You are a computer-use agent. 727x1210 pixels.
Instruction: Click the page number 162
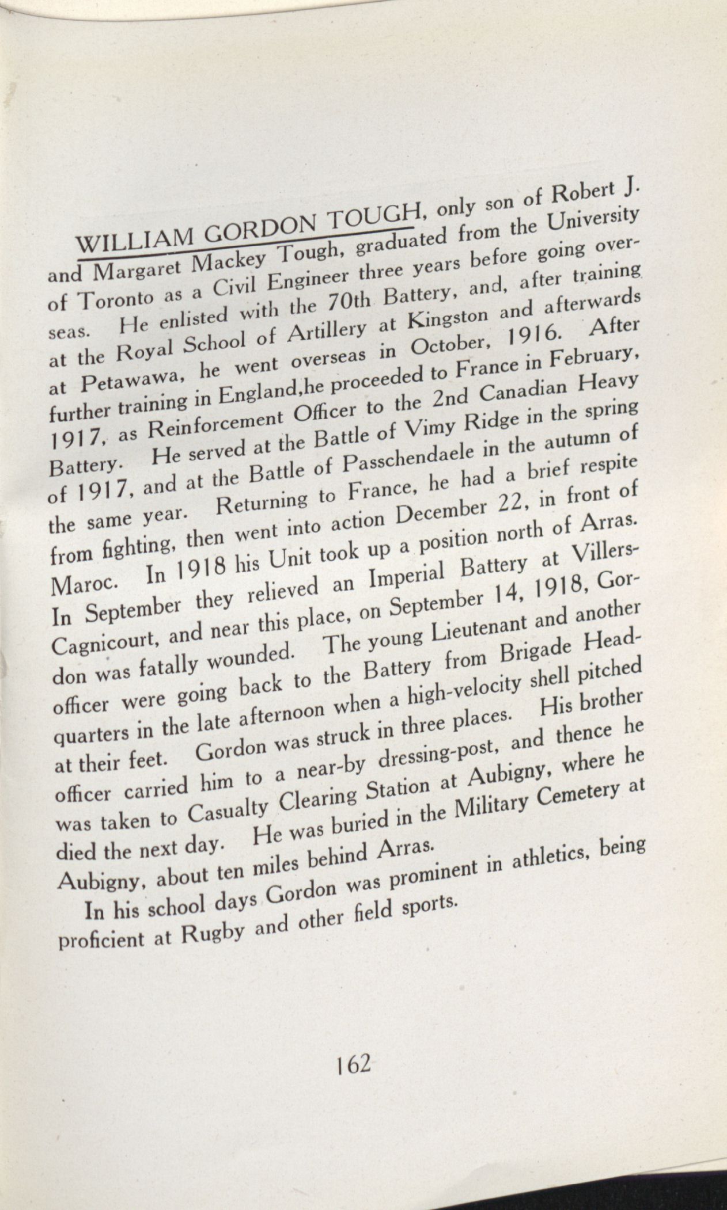point(353,1066)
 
